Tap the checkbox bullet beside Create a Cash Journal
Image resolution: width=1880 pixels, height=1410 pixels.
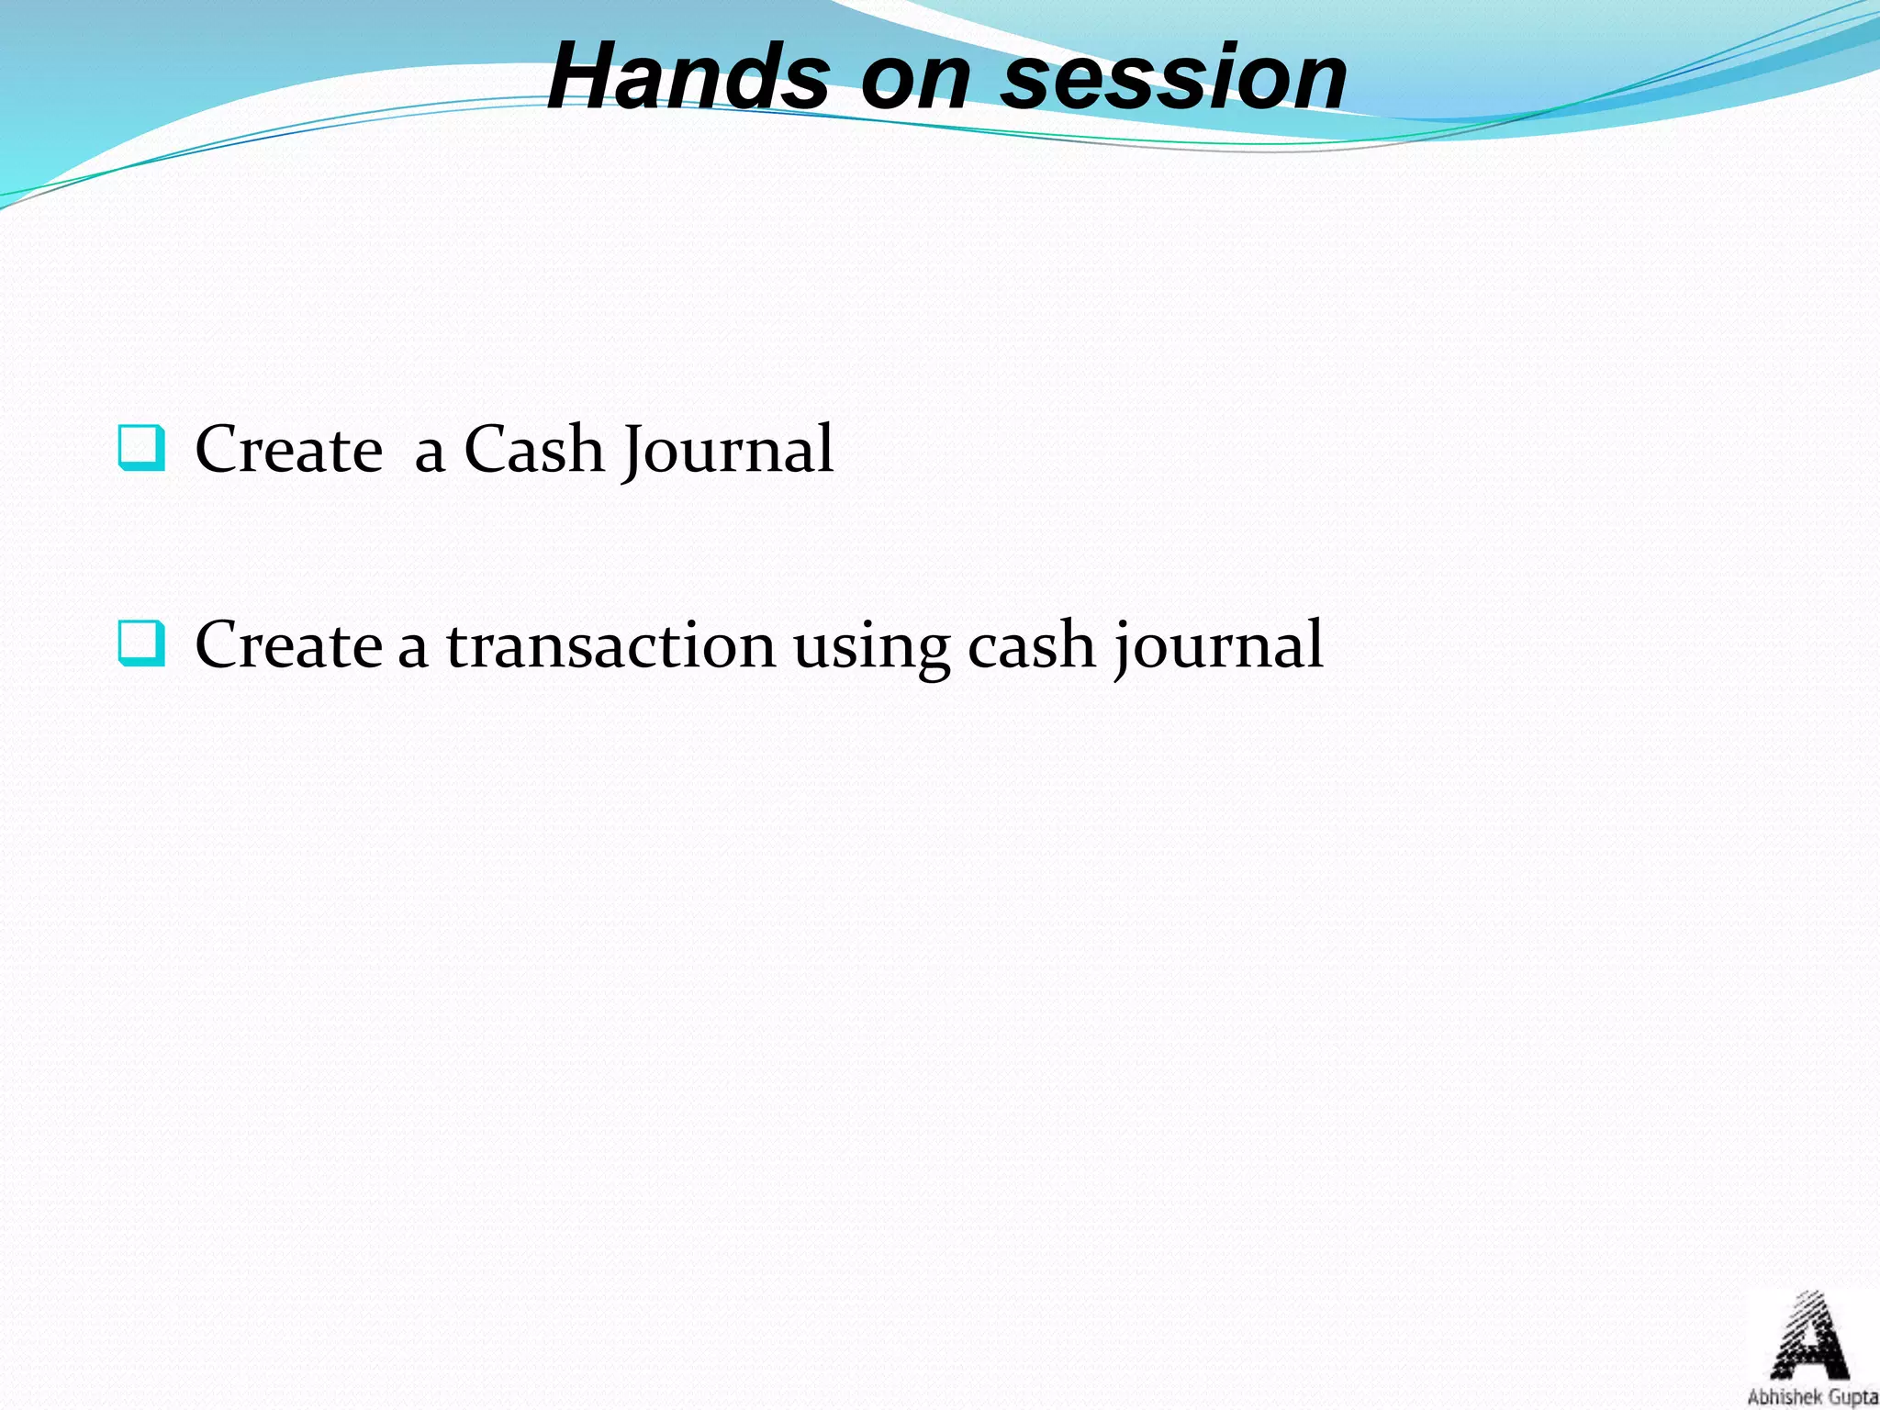pyautogui.click(x=141, y=448)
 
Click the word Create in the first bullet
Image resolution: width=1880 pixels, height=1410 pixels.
pyautogui.click(x=288, y=450)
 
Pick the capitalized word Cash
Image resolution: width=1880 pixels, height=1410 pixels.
pyautogui.click(x=532, y=450)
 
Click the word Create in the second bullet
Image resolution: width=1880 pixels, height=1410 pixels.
pyautogui.click(x=288, y=644)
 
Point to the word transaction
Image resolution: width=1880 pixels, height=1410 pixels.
pyautogui.click(x=610, y=644)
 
